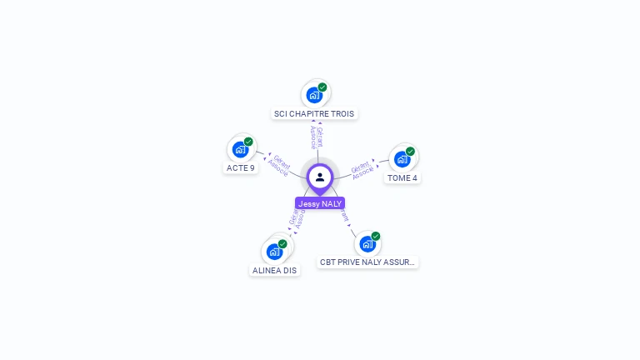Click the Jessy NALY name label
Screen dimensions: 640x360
click(x=320, y=203)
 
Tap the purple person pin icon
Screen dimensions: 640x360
click(x=320, y=177)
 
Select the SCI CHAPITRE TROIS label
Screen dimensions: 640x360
click(x=314, y=113)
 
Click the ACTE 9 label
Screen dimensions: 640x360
click(x=241, y=167)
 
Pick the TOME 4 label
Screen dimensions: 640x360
click(x=402, y=177)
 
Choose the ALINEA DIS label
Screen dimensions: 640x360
click(x=275, y=270)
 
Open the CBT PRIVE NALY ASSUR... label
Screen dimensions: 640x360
click(x=367, y=262)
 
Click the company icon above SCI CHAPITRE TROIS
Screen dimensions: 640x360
click(x=313, y=94)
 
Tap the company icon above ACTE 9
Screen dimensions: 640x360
click(x=240, y=149)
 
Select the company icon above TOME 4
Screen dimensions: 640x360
click(x=402, y=158)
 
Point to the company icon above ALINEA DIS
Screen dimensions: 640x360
click(x=274, y=251)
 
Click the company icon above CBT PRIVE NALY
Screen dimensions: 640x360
click(x=367, y=243)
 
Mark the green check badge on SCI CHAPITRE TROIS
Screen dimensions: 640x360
click(x=322, y=87)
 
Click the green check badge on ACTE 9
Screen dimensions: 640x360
click(x=248, y=142)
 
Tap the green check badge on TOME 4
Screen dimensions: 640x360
click(x=410, y=152)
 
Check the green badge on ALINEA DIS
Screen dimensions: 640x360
click(x=282, y=244)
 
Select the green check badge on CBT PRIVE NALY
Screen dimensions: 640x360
click(x=376, y=236)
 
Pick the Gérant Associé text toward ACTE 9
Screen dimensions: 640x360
click(x=280, y=166)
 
